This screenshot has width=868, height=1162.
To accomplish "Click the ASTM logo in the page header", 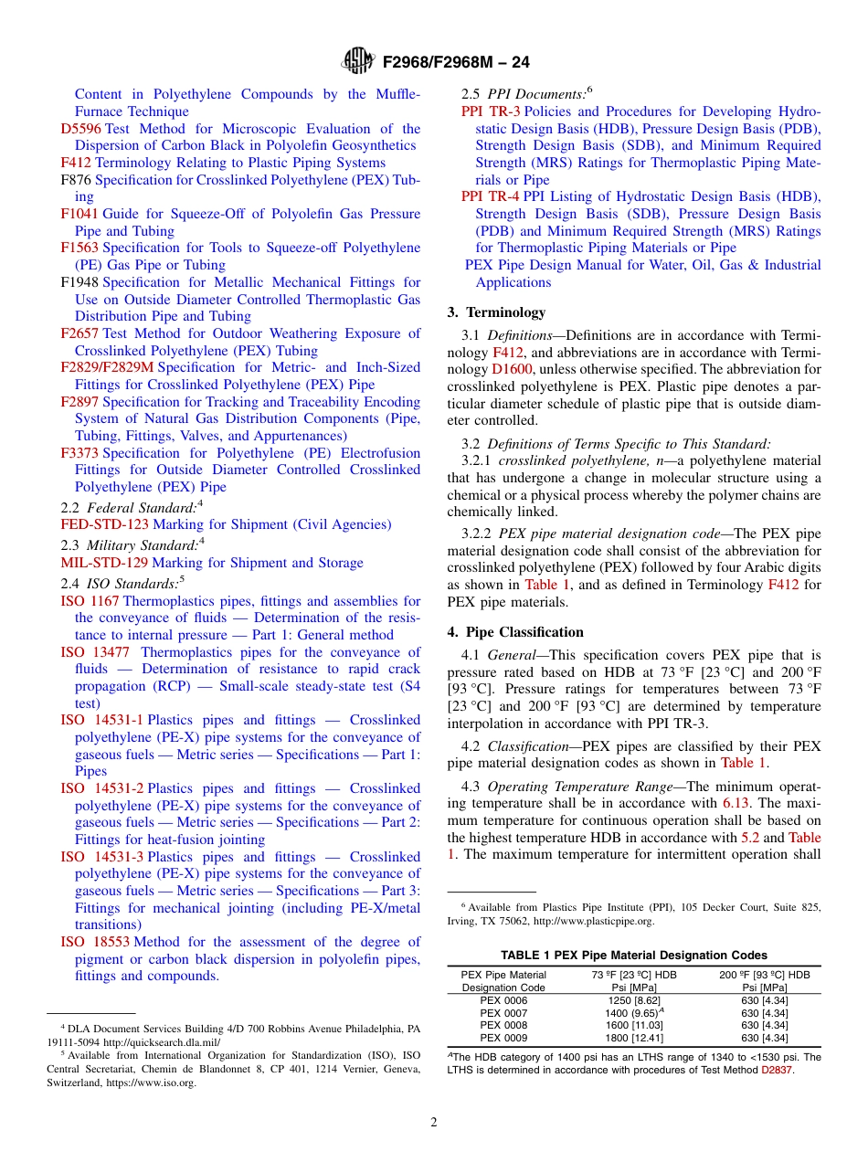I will [x=357, y=61].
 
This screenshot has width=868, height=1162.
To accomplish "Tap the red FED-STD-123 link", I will [x=104, y=524].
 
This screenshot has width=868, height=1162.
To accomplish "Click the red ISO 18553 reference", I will [x=96, y=942].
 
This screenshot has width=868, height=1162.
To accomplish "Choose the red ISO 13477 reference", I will [x=95, y=652].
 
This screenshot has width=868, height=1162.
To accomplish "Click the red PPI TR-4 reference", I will [x=490, y=196].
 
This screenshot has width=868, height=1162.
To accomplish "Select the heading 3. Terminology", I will [x=496, y=312].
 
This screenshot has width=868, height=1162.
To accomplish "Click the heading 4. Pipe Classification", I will [x=515, y=632].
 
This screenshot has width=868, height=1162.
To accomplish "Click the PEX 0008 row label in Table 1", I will [x=503, y=1025].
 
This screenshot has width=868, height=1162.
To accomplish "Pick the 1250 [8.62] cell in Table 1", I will [x=634, y=1001].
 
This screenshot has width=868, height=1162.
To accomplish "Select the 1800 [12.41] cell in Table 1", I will [x=634, y=1038].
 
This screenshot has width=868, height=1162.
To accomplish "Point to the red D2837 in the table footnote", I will [x=778, y=1070].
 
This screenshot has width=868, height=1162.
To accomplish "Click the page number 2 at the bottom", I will [x=434, y=1123].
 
